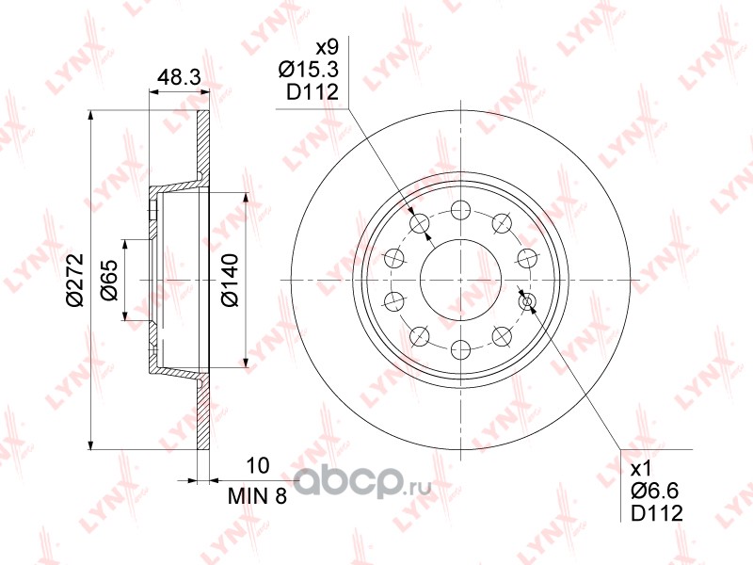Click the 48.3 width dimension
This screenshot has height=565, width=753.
pyautogui.click(x=179, y=77)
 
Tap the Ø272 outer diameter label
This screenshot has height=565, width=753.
pyautogui.click(x=75, y=280)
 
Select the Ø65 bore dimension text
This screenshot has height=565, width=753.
pyautogui.click(x=109, y=280)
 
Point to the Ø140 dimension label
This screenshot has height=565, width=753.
pyautogui.click(x=230, y=280)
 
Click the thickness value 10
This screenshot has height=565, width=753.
pyautogui.click(x=257, y=465)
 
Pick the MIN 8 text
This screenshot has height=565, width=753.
pyautogui.click(x=257, y=496)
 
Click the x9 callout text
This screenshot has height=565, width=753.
pyautogui.click(x=327, y=48)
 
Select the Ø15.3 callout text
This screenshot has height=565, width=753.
pyautogui.click(x=309, y=70)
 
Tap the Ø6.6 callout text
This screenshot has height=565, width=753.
pyautogui.click(x=654, y=491)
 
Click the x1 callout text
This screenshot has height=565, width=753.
pyautogui.click(x=641, y=468)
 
